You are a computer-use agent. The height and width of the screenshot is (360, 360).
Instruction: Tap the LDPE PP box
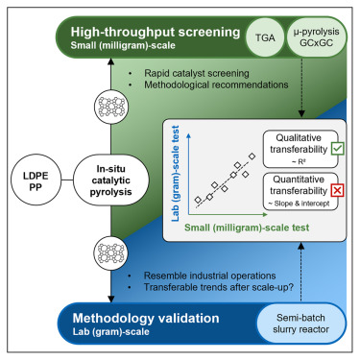click(x=34, y=179)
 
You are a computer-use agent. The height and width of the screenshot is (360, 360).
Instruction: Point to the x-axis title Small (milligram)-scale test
click(x=246, y=228)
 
